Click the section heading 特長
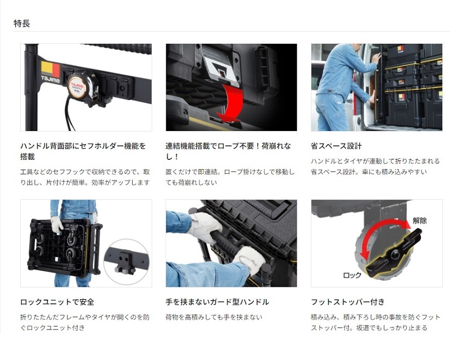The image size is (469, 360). pyautogui.click(x=22, y=23)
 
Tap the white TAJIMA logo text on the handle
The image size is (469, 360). pyautogui.click(x=50, y=79)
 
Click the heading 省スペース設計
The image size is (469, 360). pyautogui.click(x=336, y=146)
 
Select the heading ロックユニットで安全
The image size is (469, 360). pyautogui.click(x=57, y=302)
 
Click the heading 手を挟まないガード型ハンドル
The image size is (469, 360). pyautogui.click(x=217, y=302)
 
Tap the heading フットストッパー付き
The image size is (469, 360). pyautogui.click(x=348, y=302)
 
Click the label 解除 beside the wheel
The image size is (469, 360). pyautogui.click(x=419, y=221)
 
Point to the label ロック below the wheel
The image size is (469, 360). pyautogui.click(x=352, y=275)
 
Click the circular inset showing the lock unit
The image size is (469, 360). pyautogui.click(x=126, y=262)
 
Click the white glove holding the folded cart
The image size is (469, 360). pyautogui.click(x=57, y=225)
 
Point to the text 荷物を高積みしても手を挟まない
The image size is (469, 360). pyautogui.click(x=214, y=317)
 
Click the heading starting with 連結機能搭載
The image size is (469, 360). pyautogui.click(x=228, y=151)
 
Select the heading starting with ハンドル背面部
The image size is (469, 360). pyautogui.click(x=83, y=151)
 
